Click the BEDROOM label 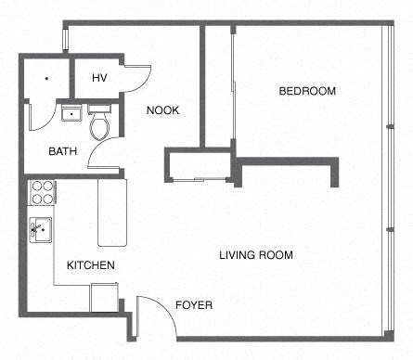point(307,91)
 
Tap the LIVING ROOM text point(256,255)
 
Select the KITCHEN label point(91,265)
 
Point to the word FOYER point(194,304)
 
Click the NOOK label point(163,111)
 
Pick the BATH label point(63,151)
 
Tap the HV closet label point(99,78)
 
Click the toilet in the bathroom point(100,125)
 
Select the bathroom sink point(71,114)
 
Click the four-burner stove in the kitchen point(43,192)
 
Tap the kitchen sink point(40,227)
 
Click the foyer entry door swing point(153,315)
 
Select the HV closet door point(137,80)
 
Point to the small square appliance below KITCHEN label point(102,297)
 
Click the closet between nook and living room point(196,163)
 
